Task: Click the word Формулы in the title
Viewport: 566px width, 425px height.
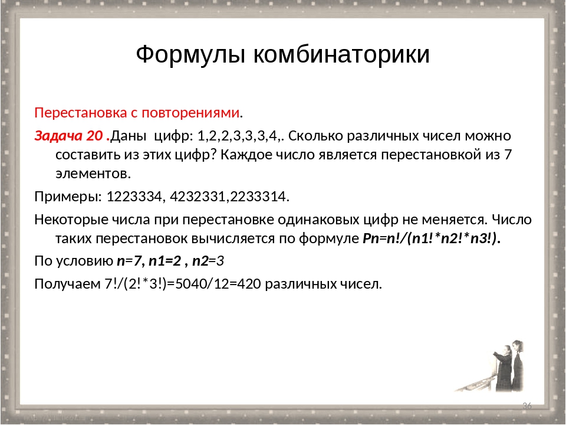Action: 191,55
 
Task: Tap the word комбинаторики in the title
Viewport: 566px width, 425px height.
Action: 341,54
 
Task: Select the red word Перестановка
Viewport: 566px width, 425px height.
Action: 81,113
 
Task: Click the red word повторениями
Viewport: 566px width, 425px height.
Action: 190,113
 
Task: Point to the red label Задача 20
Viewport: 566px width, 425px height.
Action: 72,136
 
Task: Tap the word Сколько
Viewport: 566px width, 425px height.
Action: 315,136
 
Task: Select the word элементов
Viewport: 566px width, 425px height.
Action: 92,174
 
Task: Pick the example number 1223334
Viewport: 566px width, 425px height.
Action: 134,197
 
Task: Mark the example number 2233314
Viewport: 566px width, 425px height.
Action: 258,197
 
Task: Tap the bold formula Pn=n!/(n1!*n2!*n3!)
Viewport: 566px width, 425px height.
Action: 432,239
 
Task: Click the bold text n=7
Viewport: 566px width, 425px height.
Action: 129,261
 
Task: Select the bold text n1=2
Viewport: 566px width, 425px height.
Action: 164,261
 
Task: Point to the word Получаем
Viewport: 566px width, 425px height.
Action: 67,285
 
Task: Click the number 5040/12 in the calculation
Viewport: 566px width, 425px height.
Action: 202,284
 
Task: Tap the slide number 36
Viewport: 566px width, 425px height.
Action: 527,406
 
